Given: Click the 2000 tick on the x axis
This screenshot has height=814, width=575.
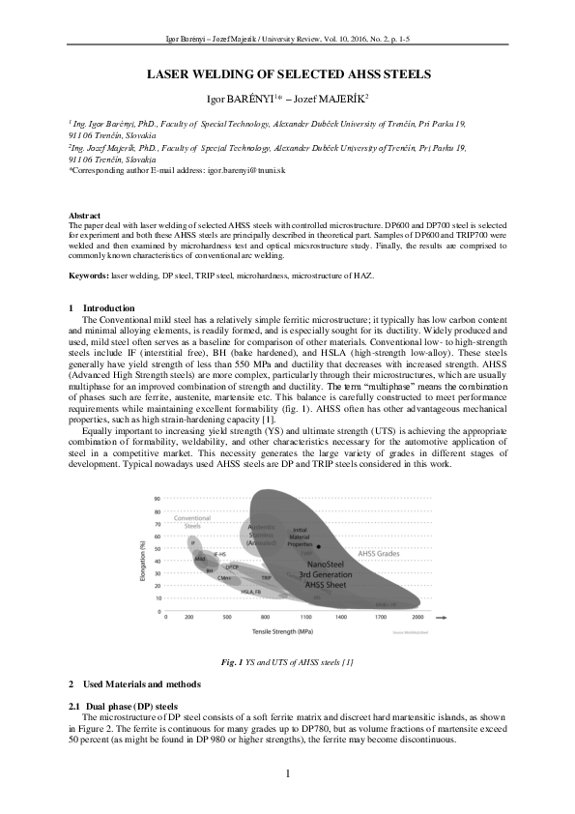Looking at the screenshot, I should click(x=417, y=616).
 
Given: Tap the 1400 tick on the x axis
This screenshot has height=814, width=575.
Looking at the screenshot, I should click(x=340, y=616).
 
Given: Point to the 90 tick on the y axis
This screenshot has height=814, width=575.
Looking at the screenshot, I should click(x=157, y=499).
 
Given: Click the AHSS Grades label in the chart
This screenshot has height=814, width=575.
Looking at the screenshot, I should click(x=379, y=554).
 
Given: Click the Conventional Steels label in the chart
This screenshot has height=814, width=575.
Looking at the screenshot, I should click(x=192, y=522).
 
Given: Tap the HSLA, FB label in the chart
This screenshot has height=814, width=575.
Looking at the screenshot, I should click(x=251, y=591).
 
